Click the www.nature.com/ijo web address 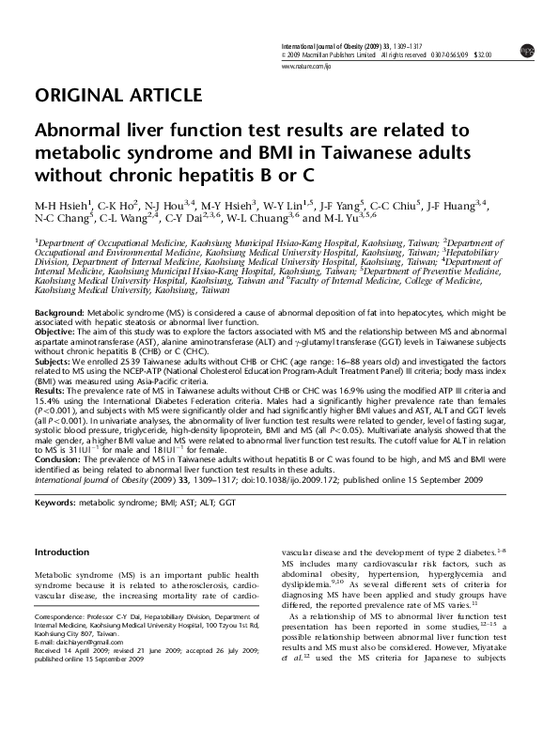(x=306, y=67)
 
